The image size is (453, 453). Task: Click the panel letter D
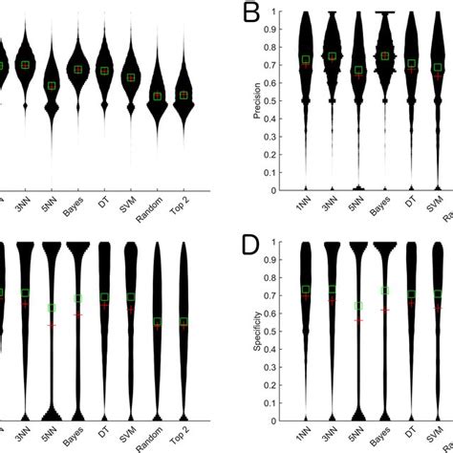coord(251,248)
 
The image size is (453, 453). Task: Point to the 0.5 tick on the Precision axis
coord(284,101)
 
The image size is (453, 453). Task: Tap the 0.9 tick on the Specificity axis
coord(284,261)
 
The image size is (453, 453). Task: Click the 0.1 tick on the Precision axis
coord(284,172)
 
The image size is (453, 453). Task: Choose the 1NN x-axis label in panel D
coord(305,437)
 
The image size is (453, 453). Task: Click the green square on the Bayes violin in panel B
coord(385,56)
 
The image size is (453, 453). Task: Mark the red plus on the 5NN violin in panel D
coord(358,319)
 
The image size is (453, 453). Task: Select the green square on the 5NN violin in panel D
coord(358,307)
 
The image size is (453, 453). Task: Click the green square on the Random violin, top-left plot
coord(158,97)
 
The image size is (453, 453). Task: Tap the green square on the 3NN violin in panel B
coord(332,56)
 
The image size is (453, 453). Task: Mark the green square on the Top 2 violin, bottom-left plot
coord(183,322)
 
